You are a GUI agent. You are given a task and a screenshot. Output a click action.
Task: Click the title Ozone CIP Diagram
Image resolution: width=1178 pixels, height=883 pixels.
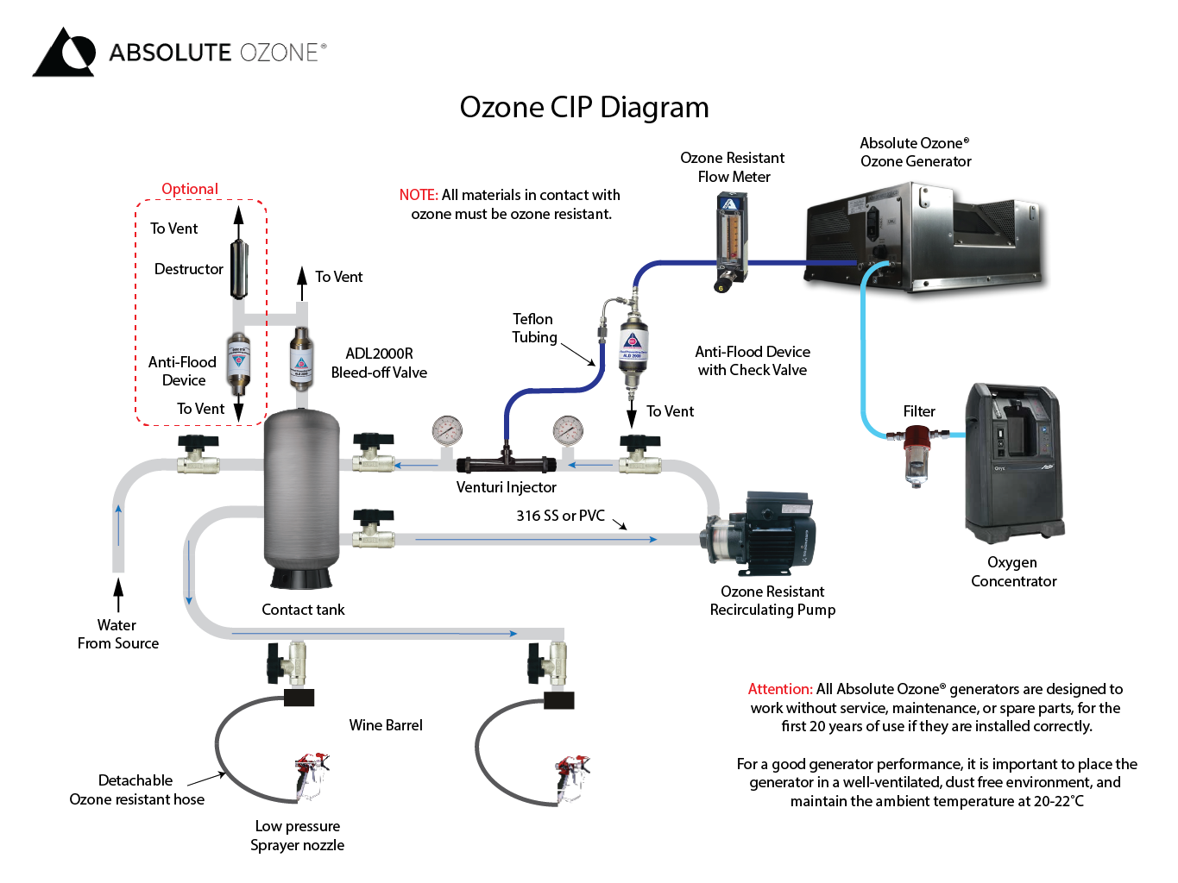tap(583, 108)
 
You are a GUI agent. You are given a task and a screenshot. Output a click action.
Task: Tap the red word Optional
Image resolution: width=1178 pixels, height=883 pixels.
tap(190, 189)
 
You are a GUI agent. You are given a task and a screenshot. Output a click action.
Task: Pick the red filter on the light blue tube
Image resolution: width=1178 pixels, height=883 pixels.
tap(917, 453)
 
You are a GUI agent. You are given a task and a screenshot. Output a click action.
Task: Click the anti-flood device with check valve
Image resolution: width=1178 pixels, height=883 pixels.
tap(632, 345)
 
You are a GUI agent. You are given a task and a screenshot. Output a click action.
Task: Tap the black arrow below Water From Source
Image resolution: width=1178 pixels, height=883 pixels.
tap(118, 595)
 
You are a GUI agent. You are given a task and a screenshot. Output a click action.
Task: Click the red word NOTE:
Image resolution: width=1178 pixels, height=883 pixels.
tap(419, 195)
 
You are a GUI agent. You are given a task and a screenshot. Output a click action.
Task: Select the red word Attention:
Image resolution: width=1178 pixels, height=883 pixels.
tap(779, 689)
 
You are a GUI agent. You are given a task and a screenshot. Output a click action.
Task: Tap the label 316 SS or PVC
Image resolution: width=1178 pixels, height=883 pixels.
tap(560, 516)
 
